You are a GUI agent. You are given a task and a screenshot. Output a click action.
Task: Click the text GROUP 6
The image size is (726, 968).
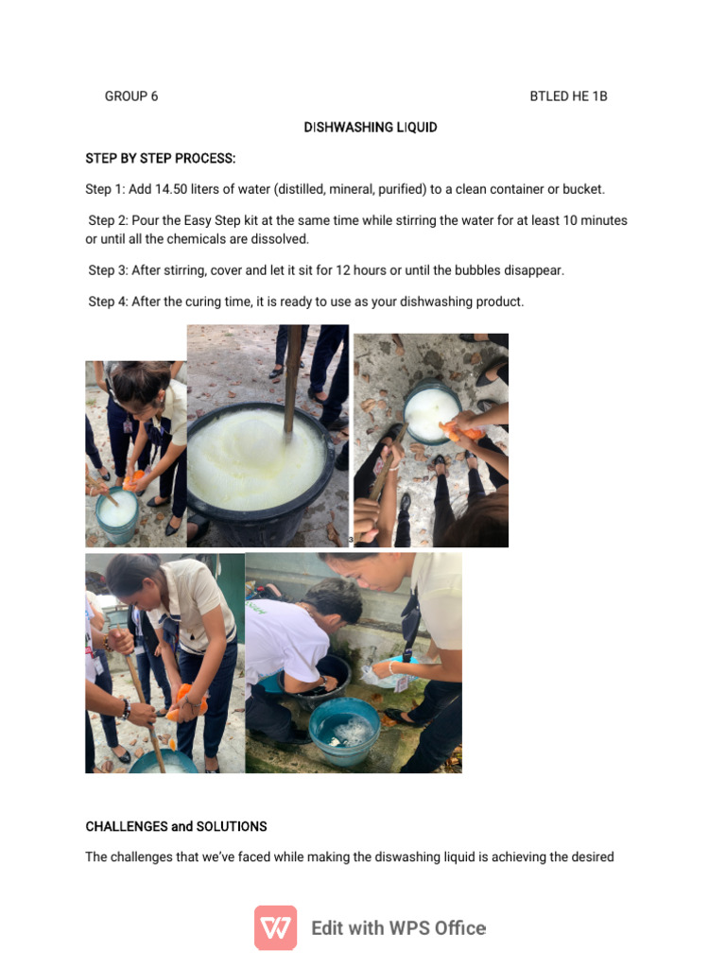click(x=131, y=96)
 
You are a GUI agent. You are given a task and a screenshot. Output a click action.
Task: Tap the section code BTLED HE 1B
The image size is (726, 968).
click(x=568, y=96)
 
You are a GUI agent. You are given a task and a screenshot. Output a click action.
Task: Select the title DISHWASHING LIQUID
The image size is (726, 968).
click(x=371, y=127)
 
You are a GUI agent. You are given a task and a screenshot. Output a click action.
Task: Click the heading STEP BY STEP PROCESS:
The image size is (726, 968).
click(x=161, y=158)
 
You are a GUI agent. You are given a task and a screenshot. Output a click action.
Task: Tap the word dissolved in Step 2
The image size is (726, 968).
click(x=280, y=239)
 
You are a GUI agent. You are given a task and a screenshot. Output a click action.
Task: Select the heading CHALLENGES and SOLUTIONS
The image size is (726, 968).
click(x=177, y=826)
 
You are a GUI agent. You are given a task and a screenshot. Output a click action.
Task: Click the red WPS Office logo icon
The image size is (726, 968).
click(x=275, y=927)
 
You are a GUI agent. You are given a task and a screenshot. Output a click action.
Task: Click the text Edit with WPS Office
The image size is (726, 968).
click(x=398, y=928)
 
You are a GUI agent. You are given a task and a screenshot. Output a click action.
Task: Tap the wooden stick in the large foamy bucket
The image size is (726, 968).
click(x=293, y=378)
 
